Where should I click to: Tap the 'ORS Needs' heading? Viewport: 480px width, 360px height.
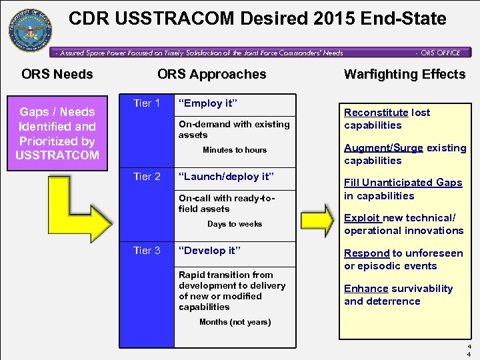(x=57, y=74)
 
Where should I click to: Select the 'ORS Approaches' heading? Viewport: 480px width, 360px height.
(x=211, y=74)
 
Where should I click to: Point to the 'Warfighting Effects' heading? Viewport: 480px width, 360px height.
(x=404, y=74)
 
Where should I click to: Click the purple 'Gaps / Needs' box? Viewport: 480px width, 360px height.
(x=57, y=133)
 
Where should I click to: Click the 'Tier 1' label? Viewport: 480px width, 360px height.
(x=147, y=103)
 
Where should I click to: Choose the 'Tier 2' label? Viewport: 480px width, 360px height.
(x=147, y=177)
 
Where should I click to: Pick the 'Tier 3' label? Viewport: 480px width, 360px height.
(x=147, y=251)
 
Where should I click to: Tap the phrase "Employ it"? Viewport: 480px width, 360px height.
(x=207, y=103)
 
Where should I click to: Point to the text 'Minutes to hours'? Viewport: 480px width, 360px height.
(x=235, y=150)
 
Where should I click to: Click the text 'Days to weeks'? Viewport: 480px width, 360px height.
(x=235, y=224)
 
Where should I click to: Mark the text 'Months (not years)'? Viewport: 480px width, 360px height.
(x=235, y=322)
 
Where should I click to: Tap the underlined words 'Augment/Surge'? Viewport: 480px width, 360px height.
(x=383, y=148)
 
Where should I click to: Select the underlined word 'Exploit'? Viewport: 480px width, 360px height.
(x=362, y=218)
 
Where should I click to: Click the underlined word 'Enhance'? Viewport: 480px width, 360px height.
(x=366, y=289)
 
